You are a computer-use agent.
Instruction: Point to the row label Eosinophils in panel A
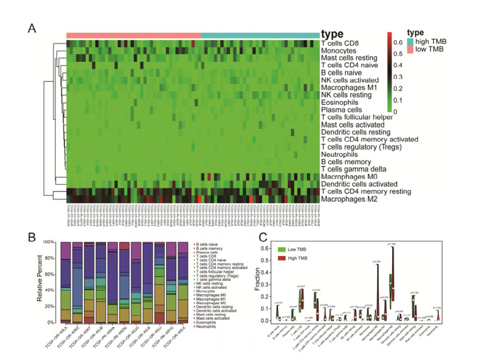point(344,103)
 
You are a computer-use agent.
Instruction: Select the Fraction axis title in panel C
point(258,283)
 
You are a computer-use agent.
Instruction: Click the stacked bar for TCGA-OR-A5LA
point(66,282)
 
